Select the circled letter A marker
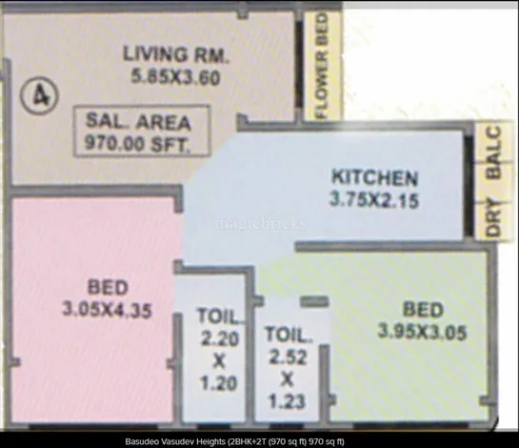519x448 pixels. click(39, 95)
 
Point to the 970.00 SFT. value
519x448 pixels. click(138, 145)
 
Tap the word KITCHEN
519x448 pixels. click(374, 177)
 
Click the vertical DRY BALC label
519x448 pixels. click(492, 181)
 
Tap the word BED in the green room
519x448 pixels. click(422, 310)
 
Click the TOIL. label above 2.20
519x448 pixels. click(220, 316)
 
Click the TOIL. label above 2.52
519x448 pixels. click(289, 336)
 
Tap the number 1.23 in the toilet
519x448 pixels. click(288, 401)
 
